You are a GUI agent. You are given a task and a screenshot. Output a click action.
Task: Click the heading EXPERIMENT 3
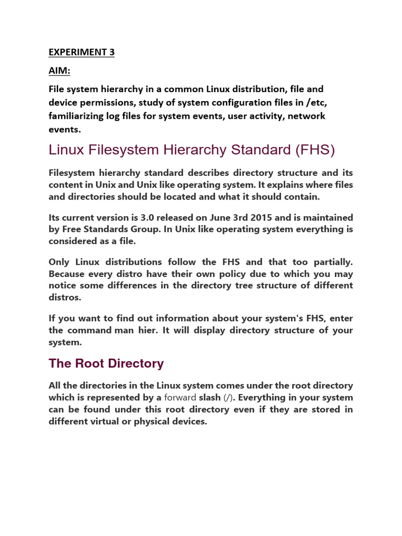82,52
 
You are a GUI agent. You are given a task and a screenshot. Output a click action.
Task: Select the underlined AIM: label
59,71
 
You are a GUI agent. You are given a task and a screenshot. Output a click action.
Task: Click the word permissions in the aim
104,102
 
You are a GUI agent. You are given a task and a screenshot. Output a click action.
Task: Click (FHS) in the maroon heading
315,150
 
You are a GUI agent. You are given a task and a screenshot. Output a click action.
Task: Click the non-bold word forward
180,397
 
